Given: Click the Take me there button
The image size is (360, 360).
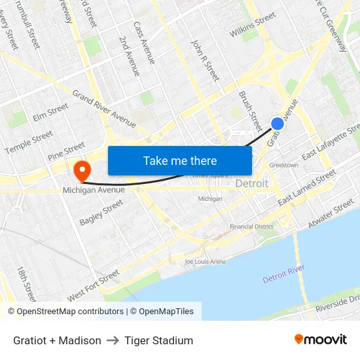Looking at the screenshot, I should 180,160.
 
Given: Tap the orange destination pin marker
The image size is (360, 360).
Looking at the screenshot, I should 82,171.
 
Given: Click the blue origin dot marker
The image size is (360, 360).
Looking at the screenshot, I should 278,123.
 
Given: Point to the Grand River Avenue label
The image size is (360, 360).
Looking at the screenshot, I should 104,109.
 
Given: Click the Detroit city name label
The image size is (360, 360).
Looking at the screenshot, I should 252,183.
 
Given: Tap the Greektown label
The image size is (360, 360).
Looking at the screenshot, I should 283,165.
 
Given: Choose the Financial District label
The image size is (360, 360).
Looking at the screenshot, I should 251,226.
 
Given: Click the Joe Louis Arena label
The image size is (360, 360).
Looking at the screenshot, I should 205,262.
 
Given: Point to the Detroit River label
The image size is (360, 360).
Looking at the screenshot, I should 284,274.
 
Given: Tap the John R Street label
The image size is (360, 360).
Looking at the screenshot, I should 205,60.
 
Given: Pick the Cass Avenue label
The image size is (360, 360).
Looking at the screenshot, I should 144,43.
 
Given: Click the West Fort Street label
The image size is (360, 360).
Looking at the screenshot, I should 93,285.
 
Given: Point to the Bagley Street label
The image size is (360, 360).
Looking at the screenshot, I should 101,213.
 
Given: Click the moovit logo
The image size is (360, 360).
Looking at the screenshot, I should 320,339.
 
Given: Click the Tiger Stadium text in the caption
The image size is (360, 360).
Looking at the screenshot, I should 158,340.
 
